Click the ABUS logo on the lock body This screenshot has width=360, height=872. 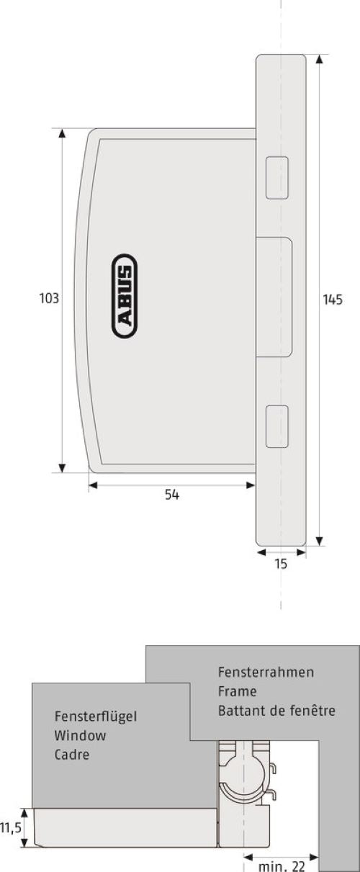125,296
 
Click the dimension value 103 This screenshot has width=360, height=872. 49,299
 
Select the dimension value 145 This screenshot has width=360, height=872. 333,300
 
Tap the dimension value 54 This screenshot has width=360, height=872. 172,495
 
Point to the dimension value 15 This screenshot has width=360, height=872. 281,564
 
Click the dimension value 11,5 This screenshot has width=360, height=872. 11,828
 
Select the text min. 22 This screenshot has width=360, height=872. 282,866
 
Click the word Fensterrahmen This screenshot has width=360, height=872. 266,672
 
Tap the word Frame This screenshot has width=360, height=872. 238,691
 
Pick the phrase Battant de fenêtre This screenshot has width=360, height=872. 276,711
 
